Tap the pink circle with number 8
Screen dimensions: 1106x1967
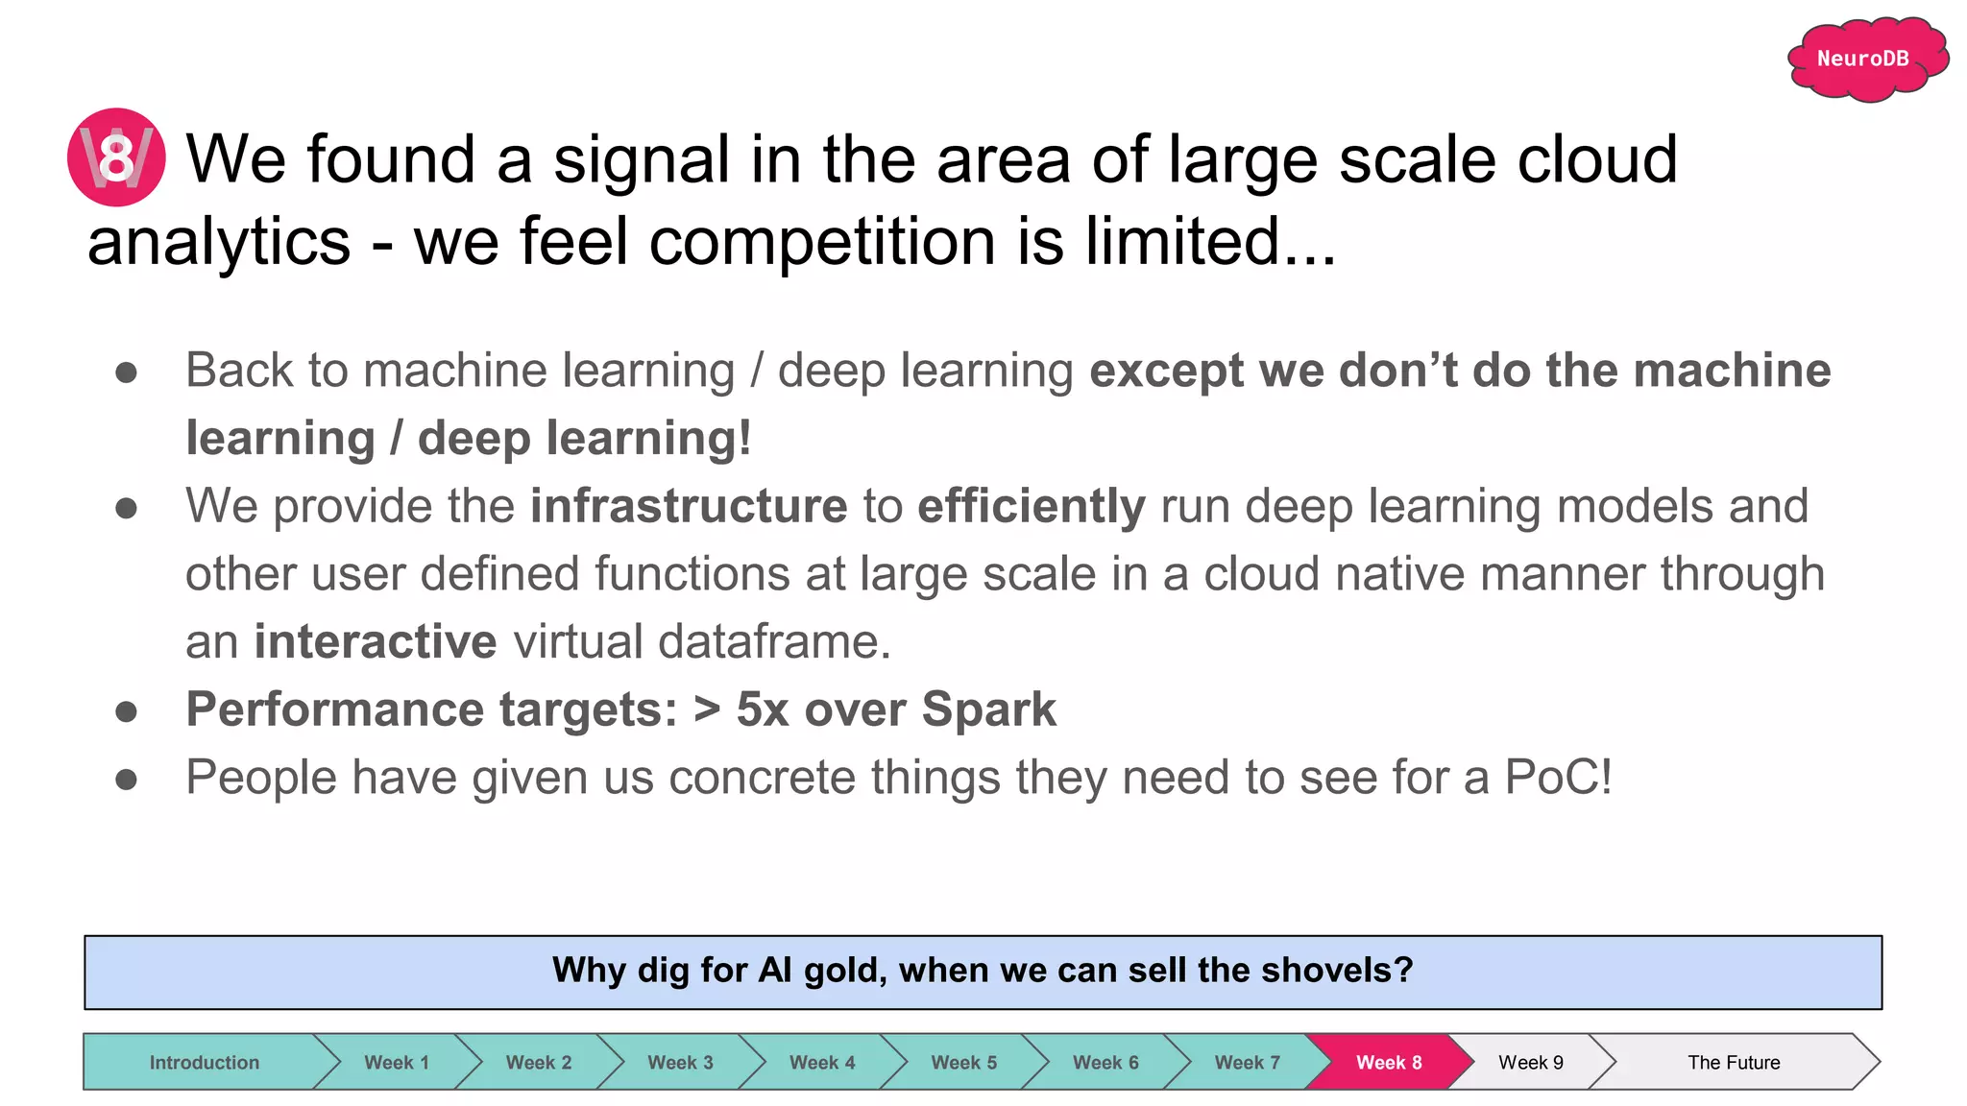pos(116,157)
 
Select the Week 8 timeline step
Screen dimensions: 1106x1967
pos(1389,1062)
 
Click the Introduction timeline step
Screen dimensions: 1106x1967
pos(204,1062)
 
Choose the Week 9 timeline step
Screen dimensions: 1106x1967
pos(1531,1062)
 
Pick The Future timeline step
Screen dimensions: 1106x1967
pos(1734,1062)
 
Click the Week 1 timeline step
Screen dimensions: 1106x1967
pos(397,1062)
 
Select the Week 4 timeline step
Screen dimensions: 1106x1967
pos(822,1062)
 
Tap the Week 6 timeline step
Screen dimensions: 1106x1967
pos(1105,1062)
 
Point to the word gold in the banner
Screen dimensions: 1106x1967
pos(845,972)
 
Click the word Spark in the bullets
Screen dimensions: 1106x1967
pos(988,709)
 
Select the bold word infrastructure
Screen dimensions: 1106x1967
pos(689,506)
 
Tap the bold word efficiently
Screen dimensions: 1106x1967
pos(1032,506)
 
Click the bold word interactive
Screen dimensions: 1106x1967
pos(376,641)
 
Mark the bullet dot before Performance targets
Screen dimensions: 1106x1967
pos(126,711)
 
